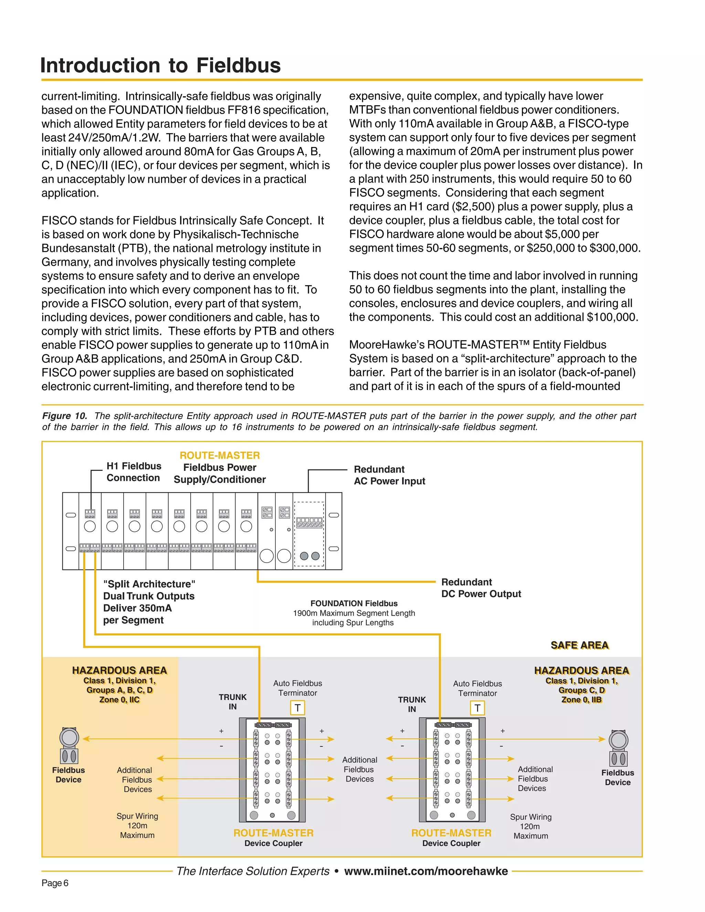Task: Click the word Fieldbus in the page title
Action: pyautogui.click(x=238, y=65)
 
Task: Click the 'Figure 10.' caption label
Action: pyautogui.click(x=64, y=416)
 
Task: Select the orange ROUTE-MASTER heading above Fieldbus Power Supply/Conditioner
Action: pyautogui.click(x=220, y=455)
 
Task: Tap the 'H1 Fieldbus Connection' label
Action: pyautogui.click(x=133, y=472)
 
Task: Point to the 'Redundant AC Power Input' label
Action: pyautogui.click(x=389, y=475)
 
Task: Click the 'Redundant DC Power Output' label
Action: pyautogui.click(x=481, y=588)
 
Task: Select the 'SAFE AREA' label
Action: pyautogui.click(x=579, y=645)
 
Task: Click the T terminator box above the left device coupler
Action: pyautogui.click(x=297, y=708)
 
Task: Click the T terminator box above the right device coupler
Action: pyautogui.click(x=477, y=708)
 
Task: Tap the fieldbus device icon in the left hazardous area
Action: pyautogui.click(x=69, y=745)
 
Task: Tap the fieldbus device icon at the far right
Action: pyautogui.click(x=618, y=748)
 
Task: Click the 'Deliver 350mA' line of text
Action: pyautogui.click(x=137, y=608)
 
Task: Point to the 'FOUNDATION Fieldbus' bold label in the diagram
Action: pyautogui.click(x=354, y=603)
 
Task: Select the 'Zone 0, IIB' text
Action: pyautogui.click(x=581, y=700)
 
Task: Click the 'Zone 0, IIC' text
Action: pyautogui.click(x=119, y=700)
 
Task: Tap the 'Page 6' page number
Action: pyautogui.click(x=55, y=883)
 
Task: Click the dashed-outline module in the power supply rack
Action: pyautogui.click(x=309, y=534)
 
